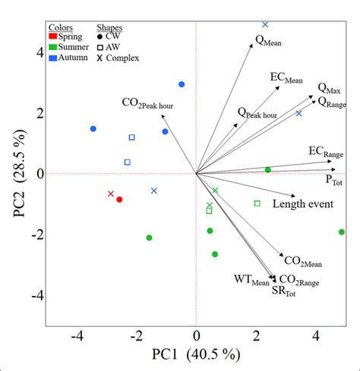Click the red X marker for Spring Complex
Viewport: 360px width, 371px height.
tap(111, 194)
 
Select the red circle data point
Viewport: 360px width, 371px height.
tap(119, 200)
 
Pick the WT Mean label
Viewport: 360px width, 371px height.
tap(251, 280)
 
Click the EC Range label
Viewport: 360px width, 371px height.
tap(325, 153)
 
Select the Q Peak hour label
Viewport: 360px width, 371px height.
tap(257, 114)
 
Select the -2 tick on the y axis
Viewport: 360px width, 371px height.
tap(31, 234)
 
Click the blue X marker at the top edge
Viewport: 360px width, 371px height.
tap(265, 24)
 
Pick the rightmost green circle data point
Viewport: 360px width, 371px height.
tap(341, 231)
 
